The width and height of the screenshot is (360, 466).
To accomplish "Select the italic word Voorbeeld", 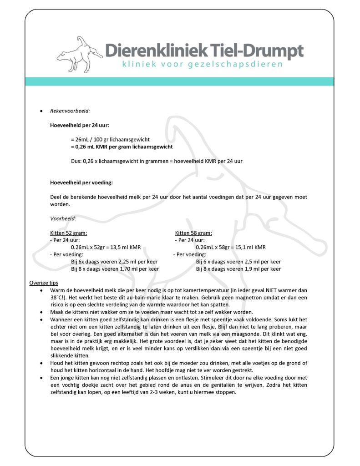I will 63,218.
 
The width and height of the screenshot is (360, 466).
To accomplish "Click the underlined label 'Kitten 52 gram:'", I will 69,233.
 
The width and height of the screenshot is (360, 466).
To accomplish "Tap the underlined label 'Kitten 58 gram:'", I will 193,233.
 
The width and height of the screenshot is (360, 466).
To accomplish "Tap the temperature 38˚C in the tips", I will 56,297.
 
